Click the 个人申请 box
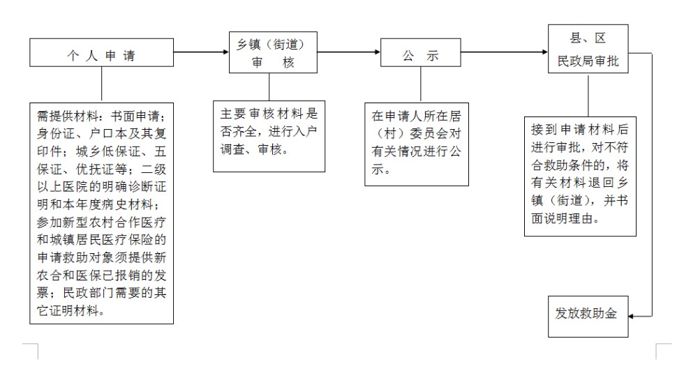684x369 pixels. [101, 54]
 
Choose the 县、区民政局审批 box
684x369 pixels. [588, 49]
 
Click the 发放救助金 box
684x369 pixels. [587, 315]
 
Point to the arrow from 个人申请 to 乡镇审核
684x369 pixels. [201, 52]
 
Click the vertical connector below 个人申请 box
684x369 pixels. [102, 84]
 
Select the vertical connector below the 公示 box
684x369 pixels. [420, 84]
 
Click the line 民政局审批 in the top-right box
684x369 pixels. [588, 61]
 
